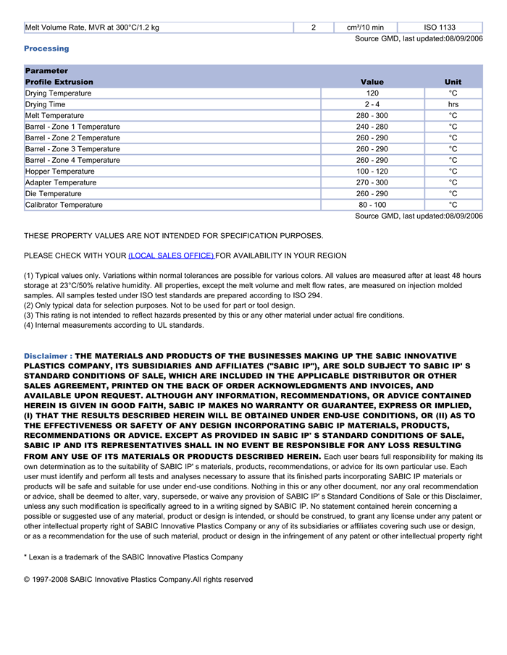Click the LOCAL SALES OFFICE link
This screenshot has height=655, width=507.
(x=171, y=256)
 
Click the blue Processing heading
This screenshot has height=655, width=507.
(x=46, y=48)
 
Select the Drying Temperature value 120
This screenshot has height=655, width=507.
(x=372, y=93)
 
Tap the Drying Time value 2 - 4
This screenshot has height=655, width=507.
(x=372, y=104)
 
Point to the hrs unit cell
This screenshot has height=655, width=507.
(x=453, y=104)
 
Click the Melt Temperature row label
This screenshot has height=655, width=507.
(x=54, y=116)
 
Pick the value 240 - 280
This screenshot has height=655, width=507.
(x=372, y=127)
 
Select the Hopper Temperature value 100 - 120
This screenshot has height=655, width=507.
(x=372, y=172)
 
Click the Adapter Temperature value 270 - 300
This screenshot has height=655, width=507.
(x=372, y=182)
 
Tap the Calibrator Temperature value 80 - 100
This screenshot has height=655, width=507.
(x=372, y=205)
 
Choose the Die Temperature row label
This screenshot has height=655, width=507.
(x=54, y=194)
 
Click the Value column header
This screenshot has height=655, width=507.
(x=372, y=82)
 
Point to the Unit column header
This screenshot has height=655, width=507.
(x=453, y=82)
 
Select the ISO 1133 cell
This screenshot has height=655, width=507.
(x=440, y=28)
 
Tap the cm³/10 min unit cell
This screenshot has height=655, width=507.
(x=366, y=28)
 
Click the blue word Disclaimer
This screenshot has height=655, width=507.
(x=46, y=357)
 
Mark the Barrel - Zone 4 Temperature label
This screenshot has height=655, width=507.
(x=72, y=160)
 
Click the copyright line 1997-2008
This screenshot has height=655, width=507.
(x=138, y=580)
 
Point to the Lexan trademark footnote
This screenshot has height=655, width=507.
(x=133, y=557)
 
